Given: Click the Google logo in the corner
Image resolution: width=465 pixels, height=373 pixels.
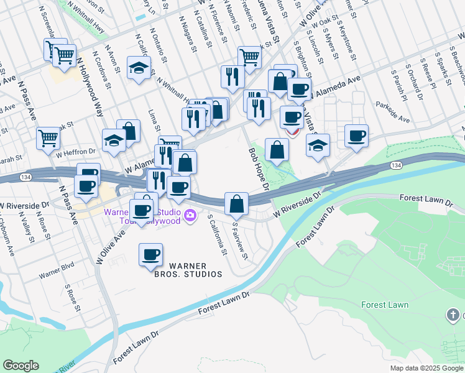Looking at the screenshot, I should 21,366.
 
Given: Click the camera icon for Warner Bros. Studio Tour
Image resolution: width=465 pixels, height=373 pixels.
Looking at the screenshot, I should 190,216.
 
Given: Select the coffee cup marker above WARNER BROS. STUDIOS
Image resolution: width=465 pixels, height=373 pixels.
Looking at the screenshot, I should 150,254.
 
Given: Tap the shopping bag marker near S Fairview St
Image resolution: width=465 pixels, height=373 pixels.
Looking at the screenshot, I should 237,203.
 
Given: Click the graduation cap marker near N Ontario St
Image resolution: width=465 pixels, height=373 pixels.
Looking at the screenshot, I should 139,68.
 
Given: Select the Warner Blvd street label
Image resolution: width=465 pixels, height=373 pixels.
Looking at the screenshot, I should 57,274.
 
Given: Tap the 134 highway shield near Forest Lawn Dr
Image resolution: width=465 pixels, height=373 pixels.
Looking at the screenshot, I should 396,165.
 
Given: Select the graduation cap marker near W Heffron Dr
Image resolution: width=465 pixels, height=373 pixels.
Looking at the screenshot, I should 114,141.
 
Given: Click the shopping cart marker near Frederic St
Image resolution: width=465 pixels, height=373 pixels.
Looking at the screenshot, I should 249,57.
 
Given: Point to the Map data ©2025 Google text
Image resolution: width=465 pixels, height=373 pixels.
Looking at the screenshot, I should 426,368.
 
